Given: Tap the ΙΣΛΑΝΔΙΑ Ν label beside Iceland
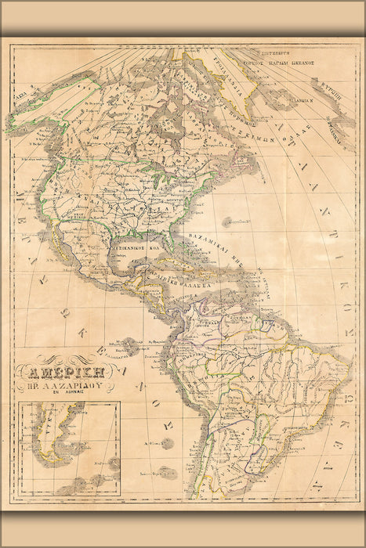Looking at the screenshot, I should [299, 100].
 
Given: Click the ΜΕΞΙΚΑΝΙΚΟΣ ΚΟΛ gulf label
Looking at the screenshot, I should [141, 243].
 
